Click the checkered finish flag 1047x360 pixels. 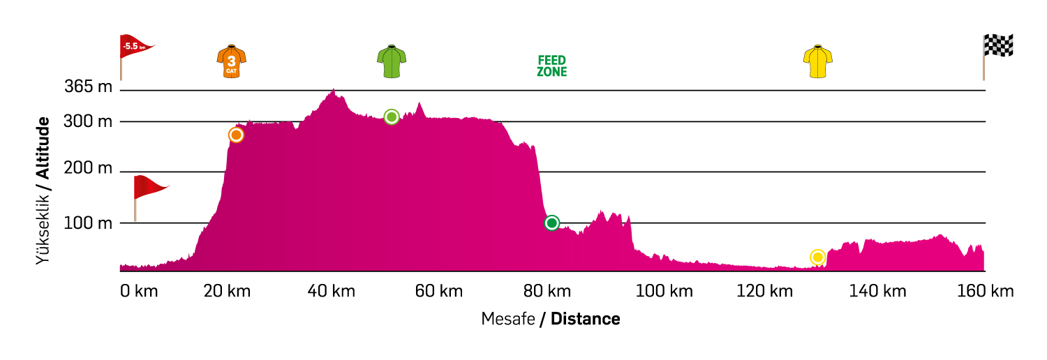tap(997, 46)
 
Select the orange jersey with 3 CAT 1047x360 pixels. tap(232, 61)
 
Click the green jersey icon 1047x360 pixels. tap(392, 61)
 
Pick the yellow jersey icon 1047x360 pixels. tap(818, 61)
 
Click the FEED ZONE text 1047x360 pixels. tap(551, 66)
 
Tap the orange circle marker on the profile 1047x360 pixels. tap(236, 135)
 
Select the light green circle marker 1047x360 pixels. tap(392, 117)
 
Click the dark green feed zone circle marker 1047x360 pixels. tap(551, 223)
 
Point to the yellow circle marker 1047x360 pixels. tap(817, 257)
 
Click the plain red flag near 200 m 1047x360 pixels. tap(149, 187)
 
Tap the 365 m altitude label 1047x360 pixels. tap(88, 87)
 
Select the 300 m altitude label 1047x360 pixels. tap(88, 121)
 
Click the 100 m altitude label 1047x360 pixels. tap(88, 223)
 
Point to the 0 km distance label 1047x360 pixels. tap(139, 291)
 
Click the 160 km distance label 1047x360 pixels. tap(985, 291)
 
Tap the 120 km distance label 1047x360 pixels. tap(764, 291)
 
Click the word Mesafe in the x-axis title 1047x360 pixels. tap(507, 319)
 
